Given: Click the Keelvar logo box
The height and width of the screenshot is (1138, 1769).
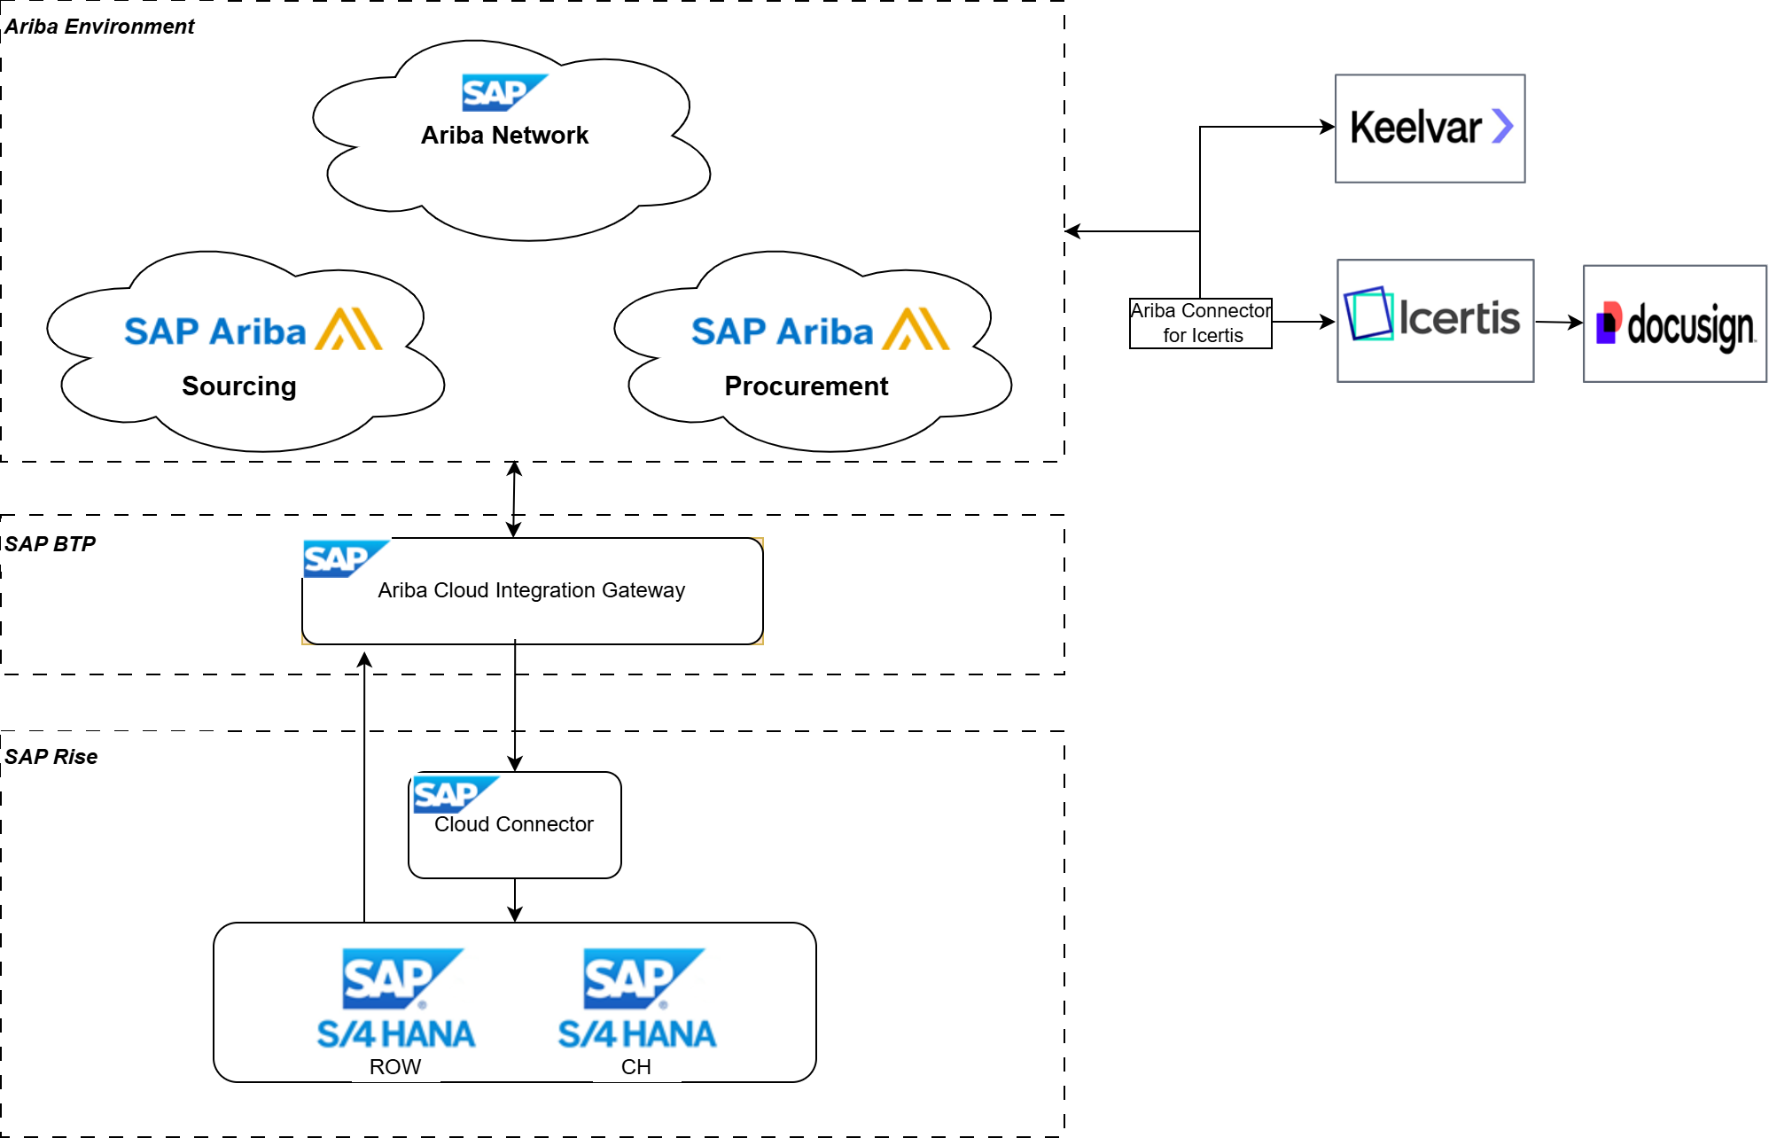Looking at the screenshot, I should [x=1429, y=129].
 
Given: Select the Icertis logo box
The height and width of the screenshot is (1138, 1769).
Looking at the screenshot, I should [x=1434, y=320].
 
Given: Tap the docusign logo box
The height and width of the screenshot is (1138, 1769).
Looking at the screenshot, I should [x=1673, y=323].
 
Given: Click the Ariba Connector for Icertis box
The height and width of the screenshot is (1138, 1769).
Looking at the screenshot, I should [x=1200, y=323].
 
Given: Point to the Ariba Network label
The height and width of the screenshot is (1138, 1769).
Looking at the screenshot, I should [x=504, y=136].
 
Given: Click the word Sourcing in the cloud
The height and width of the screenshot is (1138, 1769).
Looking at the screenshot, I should [x=238, y=386].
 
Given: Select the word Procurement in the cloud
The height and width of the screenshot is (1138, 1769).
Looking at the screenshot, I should [x=806, y=386].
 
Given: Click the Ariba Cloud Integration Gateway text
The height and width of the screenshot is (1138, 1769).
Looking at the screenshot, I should [x=531, y=590].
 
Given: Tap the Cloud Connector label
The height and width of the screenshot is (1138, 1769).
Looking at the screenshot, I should [x=513, y=824].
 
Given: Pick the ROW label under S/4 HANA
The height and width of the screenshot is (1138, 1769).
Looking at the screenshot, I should [x=395, y=1067].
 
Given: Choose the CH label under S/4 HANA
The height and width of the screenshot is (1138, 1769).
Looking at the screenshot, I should [x=635, y=1067].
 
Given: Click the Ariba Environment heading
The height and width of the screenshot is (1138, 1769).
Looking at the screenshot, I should [x=99, y=27].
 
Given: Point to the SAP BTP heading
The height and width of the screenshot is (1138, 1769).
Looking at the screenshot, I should [x=51, y=544].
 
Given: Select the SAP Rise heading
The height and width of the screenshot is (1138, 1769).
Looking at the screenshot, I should [x=51, y=757].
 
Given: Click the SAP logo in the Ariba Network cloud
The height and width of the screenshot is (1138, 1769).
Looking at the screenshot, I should [x=503, y=92].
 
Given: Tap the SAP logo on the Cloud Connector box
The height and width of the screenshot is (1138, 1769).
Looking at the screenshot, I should [x=455, y=794].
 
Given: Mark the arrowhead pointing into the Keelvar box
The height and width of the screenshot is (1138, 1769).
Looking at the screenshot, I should [x=1328, y=127].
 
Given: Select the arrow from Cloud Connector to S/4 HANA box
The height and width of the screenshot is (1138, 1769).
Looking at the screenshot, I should [x=515, y=900].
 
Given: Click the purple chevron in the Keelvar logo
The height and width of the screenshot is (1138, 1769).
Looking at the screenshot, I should [x=1502, y=126].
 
